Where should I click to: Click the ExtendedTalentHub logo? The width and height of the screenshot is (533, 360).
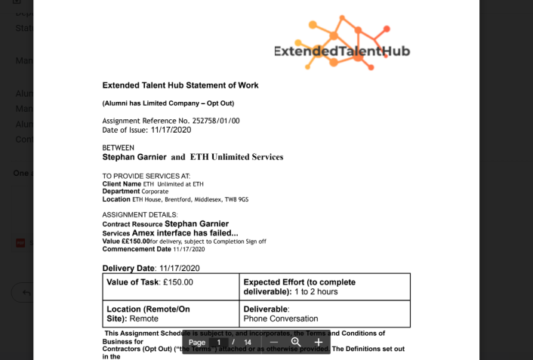[342, 45]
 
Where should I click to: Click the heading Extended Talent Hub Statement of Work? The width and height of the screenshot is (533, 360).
[180, 85]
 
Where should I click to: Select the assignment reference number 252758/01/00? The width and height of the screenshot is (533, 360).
[214, 120]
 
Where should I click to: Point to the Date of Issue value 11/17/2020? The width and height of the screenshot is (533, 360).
[171, 130]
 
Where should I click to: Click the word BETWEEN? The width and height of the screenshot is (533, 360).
[119, 148]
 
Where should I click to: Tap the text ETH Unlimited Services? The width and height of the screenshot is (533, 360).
[236, 157]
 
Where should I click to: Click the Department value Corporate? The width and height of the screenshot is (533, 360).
[155, 192]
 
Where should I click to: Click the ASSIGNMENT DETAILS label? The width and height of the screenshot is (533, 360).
[140, 215]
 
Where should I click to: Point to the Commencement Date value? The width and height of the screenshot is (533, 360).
[189, 249]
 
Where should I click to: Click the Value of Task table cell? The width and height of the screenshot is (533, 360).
[171, 287]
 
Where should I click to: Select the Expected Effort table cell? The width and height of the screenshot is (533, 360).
[325, 287]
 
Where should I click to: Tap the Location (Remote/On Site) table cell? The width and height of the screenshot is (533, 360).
[171, 313]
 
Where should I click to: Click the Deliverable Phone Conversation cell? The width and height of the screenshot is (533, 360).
[325, 313]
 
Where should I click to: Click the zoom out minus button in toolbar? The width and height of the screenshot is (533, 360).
[274, 342]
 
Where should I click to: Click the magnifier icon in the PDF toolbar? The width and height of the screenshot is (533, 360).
[296, 342]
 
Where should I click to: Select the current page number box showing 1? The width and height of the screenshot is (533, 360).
[219, 342]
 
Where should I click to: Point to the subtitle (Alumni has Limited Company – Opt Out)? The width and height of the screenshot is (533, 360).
[168, 103]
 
